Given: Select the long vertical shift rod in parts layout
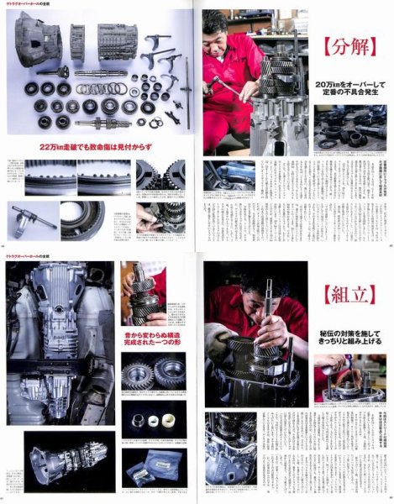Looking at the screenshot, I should (186, 92).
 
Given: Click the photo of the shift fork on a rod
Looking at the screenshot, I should (34, 220).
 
